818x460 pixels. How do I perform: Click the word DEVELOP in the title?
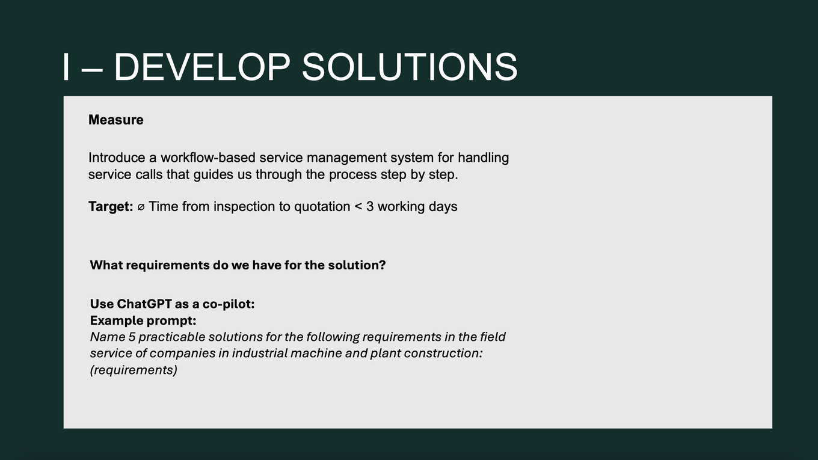(x=202, y=67)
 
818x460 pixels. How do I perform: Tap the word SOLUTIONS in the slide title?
(x=410, y=67)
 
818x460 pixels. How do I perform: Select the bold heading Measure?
(x=115, y=120)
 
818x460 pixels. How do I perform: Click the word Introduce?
(x=117, y=158)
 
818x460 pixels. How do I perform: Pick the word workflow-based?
(x=208, y=158)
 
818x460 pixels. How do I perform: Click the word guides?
(x=214, y=175)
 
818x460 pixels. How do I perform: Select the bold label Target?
(x=111, y=207)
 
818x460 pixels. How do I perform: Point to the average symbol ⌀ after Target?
(x=141, y=207)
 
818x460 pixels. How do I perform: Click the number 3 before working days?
(x=370, y=207)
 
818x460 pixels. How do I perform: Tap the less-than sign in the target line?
(x=358, y=207)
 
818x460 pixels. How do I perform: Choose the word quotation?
(x=322, y=207)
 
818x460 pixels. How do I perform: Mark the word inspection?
(x=244, y=207)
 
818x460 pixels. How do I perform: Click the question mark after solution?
(x=383, y=265)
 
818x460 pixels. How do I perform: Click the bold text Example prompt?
(x=143, y=321)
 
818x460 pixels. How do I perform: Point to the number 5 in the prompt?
(x=132, y=337)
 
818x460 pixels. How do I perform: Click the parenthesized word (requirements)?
(x=134, y=370)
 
